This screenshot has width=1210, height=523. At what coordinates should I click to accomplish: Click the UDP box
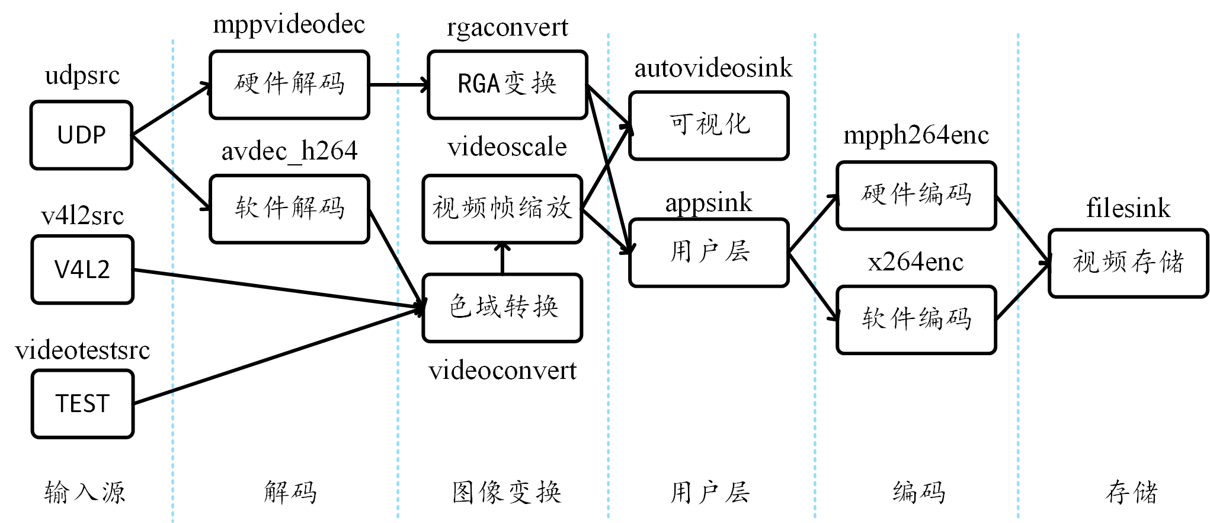(82, 135)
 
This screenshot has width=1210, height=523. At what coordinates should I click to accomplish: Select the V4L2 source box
(82, 270)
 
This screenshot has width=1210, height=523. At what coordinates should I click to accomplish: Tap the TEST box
(82, 404)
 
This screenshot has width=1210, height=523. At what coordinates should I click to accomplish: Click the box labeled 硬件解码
(289, 84)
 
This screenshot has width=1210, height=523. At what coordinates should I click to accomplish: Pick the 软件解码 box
(289, 209)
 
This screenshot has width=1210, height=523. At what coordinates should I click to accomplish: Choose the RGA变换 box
(507, 84)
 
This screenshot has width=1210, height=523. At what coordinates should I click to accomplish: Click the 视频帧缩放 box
(502, 209)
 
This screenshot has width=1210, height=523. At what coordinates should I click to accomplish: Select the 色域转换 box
(502, 308)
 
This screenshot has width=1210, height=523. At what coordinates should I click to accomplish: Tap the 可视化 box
(709, 125)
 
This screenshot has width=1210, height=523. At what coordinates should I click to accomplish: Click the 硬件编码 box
(916, 195)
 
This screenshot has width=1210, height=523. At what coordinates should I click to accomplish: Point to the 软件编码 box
(916, 320)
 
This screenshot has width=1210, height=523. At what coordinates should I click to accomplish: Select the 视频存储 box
(1128, 263)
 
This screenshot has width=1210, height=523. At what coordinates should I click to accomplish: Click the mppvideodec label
(289, 25)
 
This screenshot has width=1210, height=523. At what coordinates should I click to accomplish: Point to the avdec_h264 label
(289, 151)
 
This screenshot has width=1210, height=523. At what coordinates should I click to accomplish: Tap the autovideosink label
(713, 68)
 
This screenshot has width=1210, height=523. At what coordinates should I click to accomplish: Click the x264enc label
(915, 261)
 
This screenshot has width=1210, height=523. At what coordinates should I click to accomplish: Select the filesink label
(1128, 209)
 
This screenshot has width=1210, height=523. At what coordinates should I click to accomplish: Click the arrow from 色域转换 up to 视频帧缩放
(502, 259)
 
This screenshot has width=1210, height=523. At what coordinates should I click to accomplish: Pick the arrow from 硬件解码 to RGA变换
(398, 85)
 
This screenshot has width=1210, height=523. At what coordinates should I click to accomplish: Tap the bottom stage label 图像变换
(507, 492)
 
